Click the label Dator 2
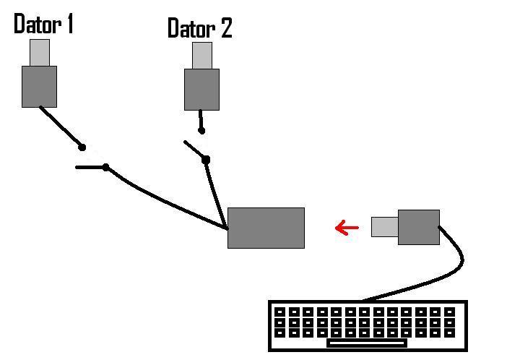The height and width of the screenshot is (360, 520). pos(199,28)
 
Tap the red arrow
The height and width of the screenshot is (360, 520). pos(347,228)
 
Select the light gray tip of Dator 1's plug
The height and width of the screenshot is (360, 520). pos(39,52)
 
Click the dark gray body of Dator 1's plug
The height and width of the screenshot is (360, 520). pos(39,86)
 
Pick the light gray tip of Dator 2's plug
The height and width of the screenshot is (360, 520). pos(201,56)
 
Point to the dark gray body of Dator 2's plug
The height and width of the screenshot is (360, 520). pos(201,89)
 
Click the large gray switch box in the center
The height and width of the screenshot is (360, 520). pos(266,228)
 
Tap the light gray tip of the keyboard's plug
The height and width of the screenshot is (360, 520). pos(384,227)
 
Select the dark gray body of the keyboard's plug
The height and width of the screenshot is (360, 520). pos(418,227)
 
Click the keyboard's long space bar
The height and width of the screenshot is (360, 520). pos(366,343)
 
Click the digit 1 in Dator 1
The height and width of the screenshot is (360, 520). pos(69,24)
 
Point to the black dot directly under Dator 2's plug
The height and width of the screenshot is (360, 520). pos(201,131)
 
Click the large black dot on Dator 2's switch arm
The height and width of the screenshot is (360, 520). pos(206,159)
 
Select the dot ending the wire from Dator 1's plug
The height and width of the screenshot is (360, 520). pos(82,147)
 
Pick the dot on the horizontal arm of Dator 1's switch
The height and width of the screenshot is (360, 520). pos(105,168)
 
